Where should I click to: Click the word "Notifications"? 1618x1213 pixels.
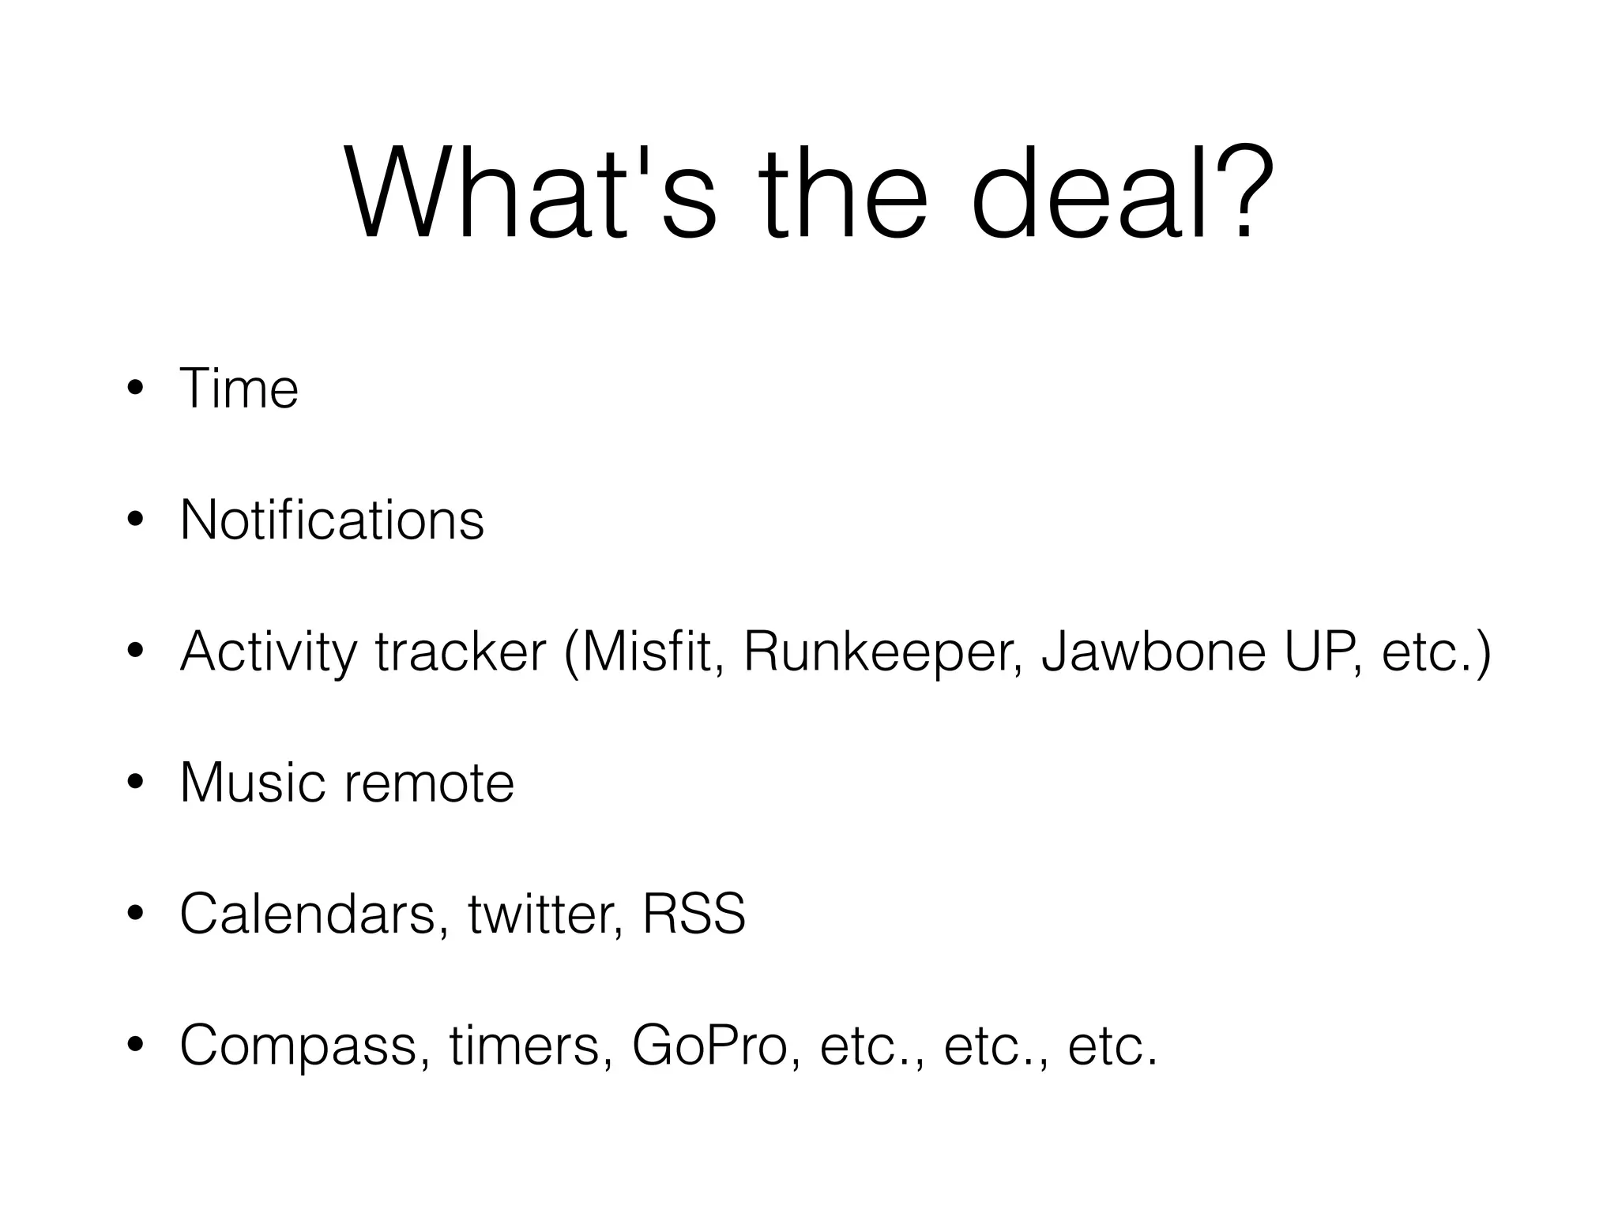pyautogui.click(x=332, y=520)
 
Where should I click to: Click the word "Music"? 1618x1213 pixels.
pyautogui.click(x=252, y=783)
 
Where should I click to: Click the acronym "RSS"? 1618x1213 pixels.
pyautogui.click(x=694, y=914)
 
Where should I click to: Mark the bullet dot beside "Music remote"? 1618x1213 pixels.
pyautogui.click(x=136, y=783)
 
